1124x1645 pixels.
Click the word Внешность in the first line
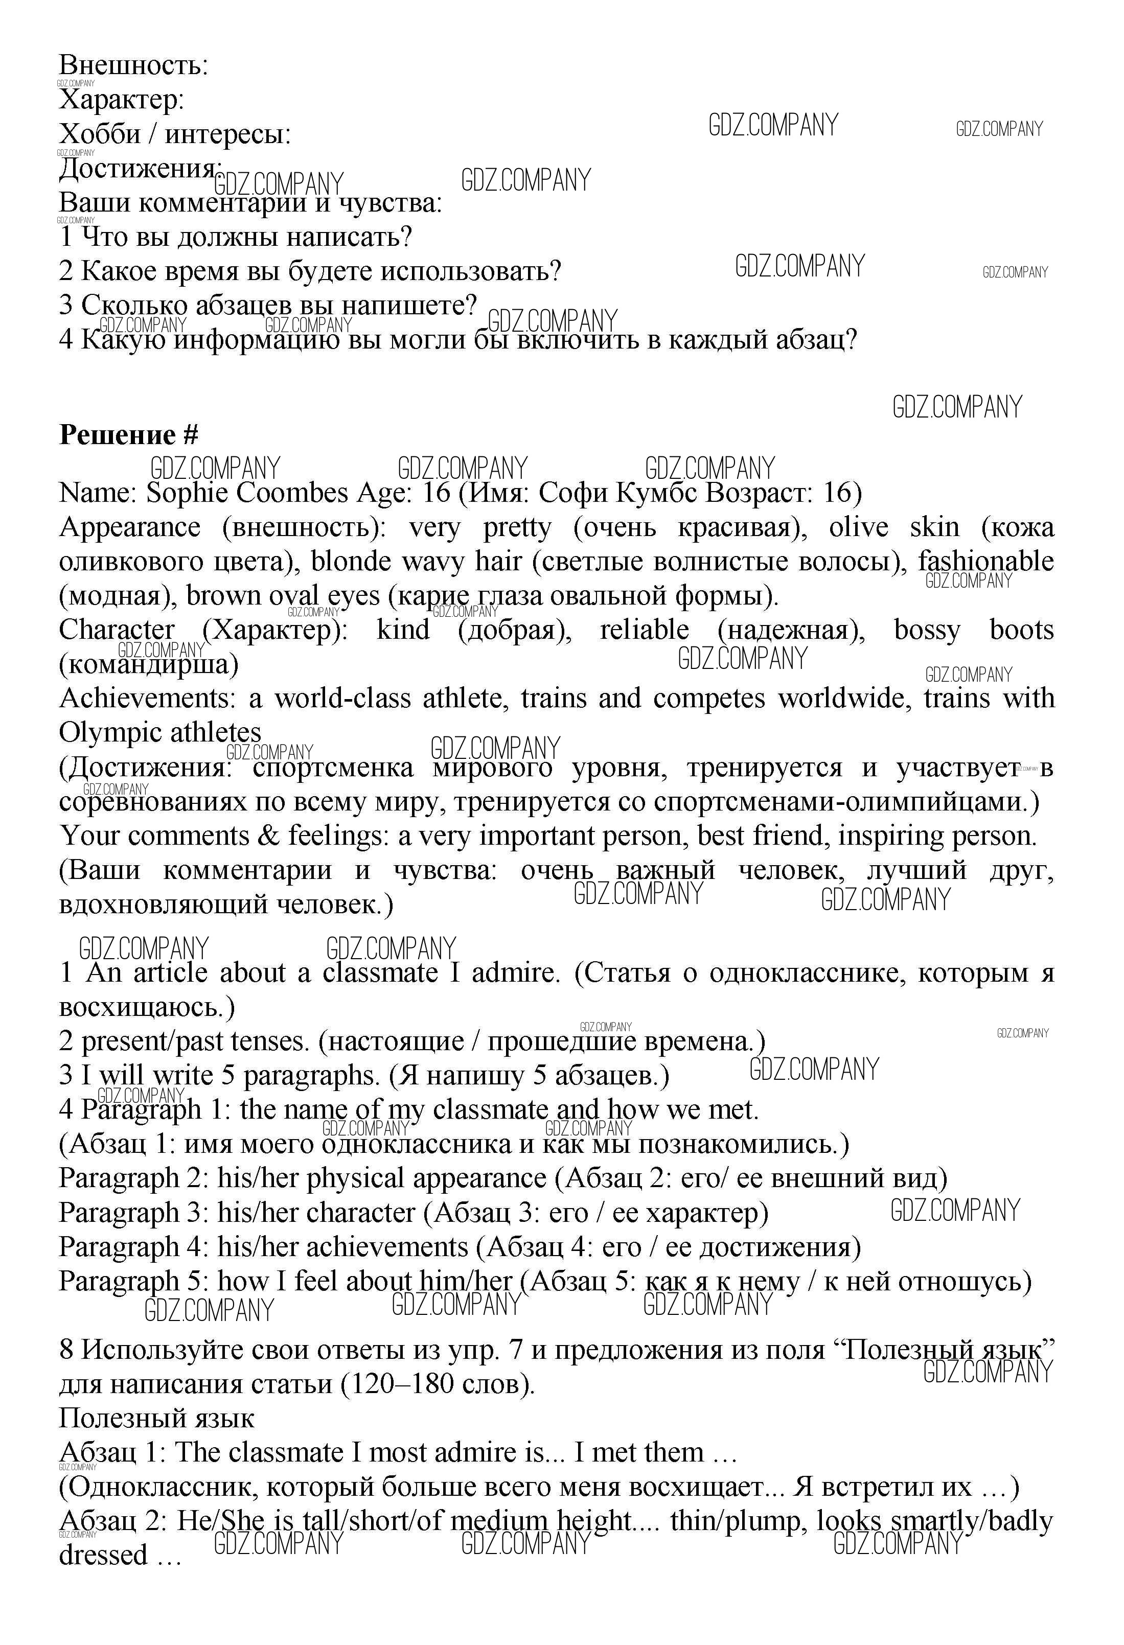133,65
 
